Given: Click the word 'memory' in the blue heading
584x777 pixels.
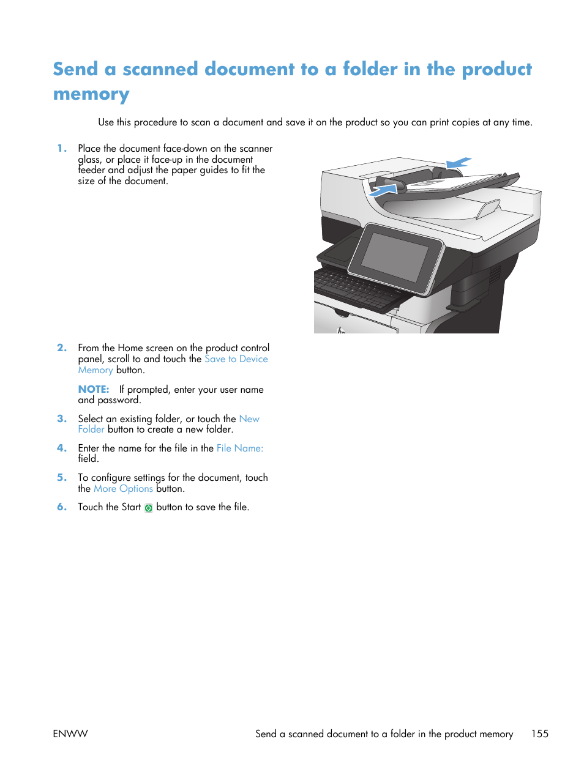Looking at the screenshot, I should (91, 94).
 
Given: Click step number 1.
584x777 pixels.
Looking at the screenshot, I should (61, 148).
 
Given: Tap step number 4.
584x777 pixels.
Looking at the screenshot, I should (61, 448).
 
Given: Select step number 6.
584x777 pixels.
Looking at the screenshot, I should (61, 507).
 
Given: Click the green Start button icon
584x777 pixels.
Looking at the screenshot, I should (148, 508).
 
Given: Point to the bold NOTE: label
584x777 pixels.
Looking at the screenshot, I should (93, 389).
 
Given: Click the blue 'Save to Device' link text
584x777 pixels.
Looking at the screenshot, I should (236, 359).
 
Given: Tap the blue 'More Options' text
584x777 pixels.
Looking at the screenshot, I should (123, 488).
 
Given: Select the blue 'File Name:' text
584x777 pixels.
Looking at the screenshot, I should (239, 448).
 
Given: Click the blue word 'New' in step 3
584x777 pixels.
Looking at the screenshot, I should (249, 418).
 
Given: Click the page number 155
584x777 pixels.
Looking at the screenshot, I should (539, 734).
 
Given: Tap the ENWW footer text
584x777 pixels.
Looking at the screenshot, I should (70, 734).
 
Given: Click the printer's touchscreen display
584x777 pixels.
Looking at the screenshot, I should (395, 257).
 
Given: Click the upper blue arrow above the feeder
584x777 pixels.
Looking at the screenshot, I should (459, 162).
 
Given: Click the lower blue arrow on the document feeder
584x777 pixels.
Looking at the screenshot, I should (384, 190).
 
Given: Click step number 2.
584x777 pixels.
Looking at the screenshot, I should (61, 348).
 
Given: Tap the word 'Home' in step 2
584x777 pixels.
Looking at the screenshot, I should (130, 348).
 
